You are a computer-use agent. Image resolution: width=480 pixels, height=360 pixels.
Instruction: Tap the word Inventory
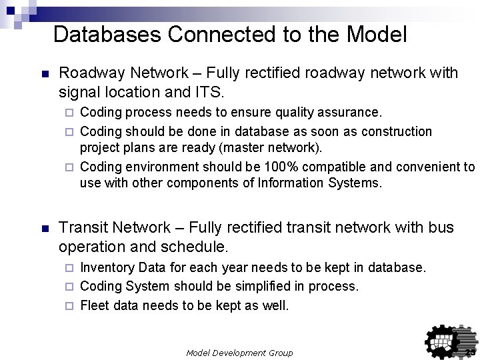coord(105,268)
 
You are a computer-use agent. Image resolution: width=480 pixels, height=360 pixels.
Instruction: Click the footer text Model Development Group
coord(239,352)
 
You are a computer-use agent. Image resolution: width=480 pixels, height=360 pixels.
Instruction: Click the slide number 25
coord(469,352)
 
